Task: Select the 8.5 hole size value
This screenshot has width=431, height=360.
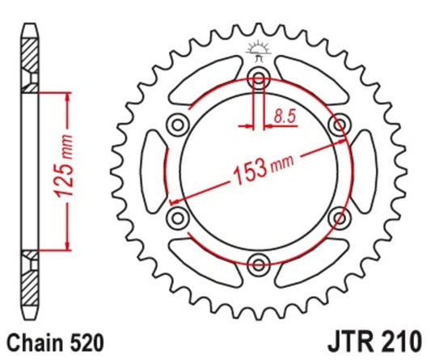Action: coord(284,116)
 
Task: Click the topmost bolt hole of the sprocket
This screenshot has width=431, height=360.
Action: coord(259,78)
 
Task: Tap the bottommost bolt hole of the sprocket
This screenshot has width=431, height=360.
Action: coord(259,262)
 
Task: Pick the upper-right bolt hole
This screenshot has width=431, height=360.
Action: coord(338,125)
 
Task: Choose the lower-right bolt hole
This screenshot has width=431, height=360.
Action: coord(338,216)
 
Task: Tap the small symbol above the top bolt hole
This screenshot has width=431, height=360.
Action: coord(259,50)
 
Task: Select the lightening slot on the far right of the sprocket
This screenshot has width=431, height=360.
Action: coord(365,171)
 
